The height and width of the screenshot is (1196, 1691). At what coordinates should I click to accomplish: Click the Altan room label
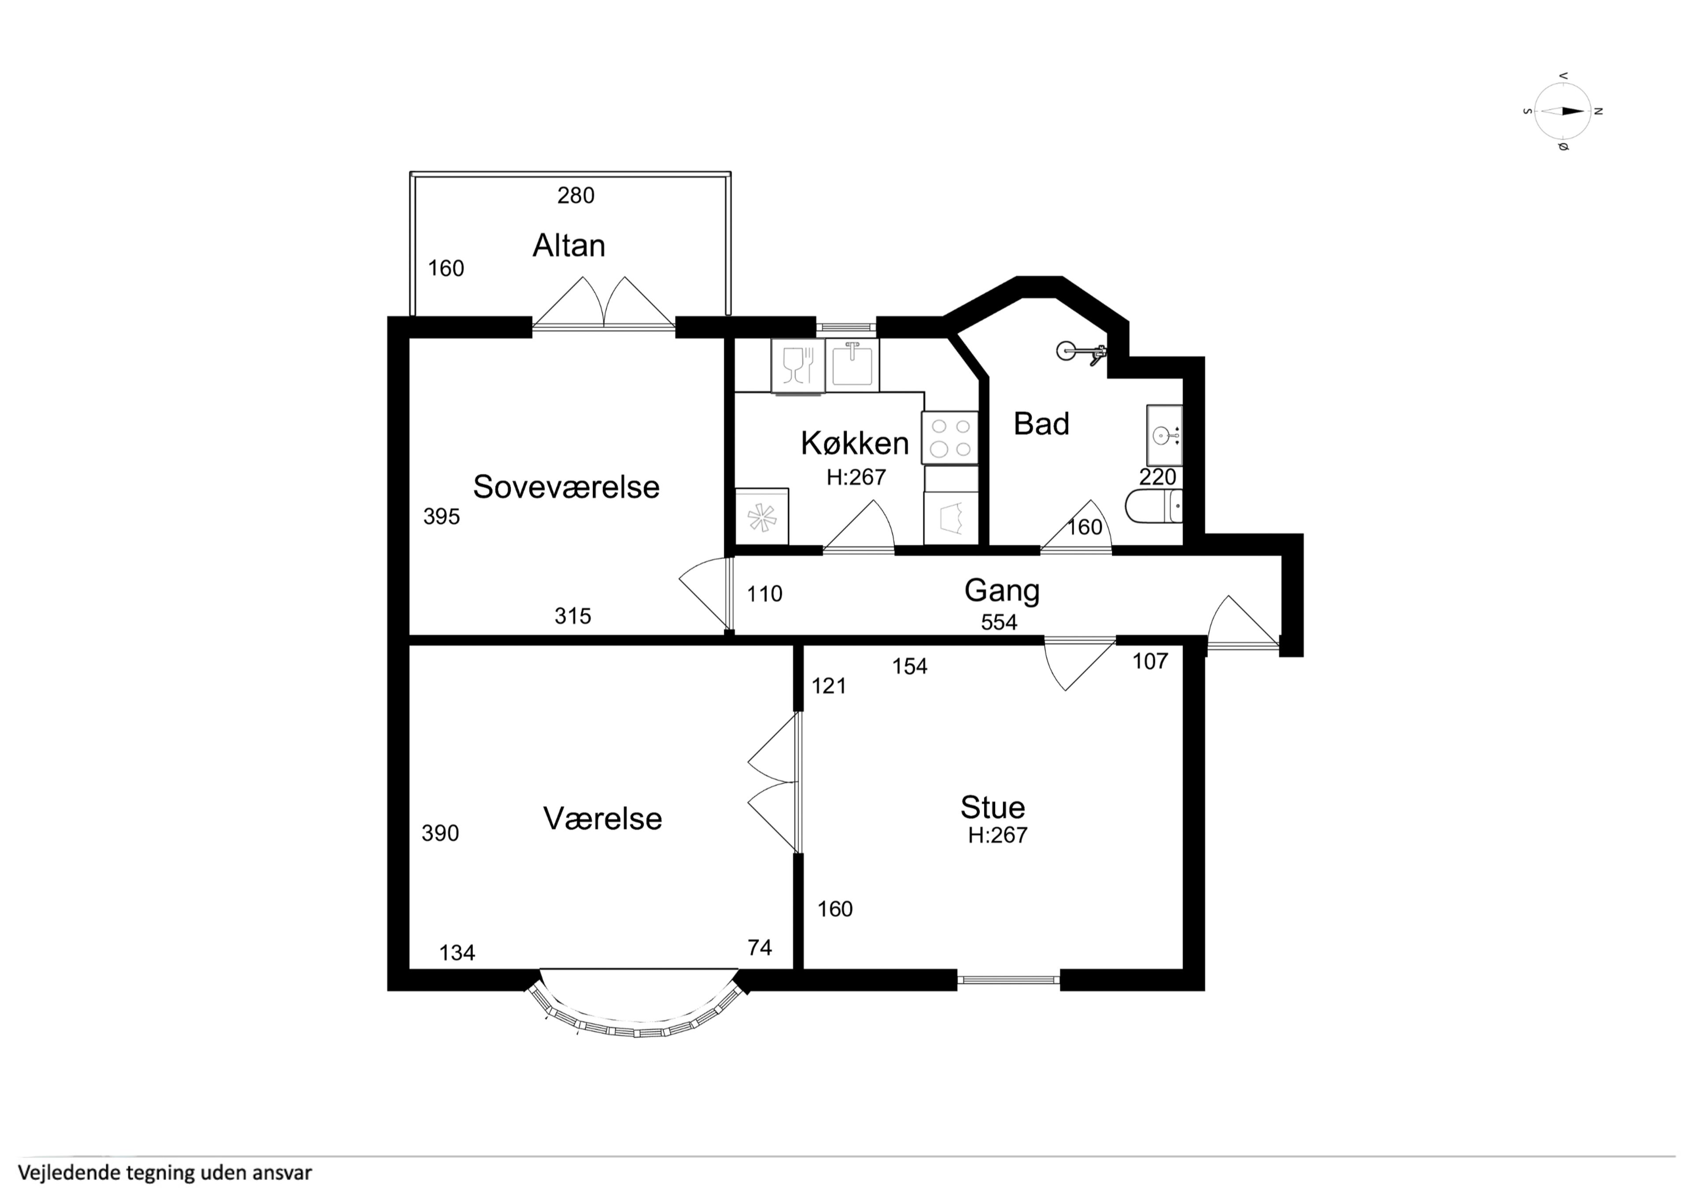(569, 245)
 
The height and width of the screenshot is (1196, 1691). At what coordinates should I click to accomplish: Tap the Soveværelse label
(565, 487)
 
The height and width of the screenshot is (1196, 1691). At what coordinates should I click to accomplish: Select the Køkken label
(855, 443)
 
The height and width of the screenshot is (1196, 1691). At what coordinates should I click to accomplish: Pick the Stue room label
(993, 807)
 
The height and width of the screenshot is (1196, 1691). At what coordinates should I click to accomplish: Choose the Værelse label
(602, 819)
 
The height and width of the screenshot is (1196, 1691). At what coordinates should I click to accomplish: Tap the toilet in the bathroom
(1154, 506)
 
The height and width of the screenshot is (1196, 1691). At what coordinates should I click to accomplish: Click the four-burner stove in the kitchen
(950, 438)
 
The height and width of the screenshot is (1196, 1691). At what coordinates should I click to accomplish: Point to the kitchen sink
(852, 365)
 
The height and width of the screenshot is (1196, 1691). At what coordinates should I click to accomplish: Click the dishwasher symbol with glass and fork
(798, 366)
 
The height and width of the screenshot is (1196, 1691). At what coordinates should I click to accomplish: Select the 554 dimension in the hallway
(999, 623)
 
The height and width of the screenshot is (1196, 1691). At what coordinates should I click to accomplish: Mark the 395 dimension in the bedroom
(441, 517)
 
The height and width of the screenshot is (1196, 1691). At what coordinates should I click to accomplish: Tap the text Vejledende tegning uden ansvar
(165, 1172)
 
